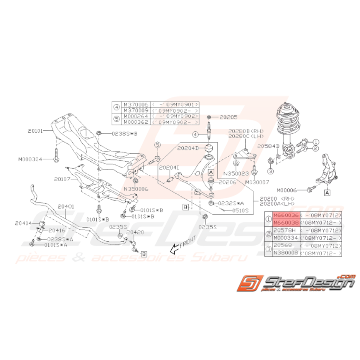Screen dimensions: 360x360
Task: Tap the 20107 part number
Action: coord(62,179)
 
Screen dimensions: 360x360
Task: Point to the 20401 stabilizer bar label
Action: coord(66,207)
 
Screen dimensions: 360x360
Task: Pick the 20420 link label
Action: coord(135,233)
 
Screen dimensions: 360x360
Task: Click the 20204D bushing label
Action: coord(188,148)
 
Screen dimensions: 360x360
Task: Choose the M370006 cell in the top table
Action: coord(135,104)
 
